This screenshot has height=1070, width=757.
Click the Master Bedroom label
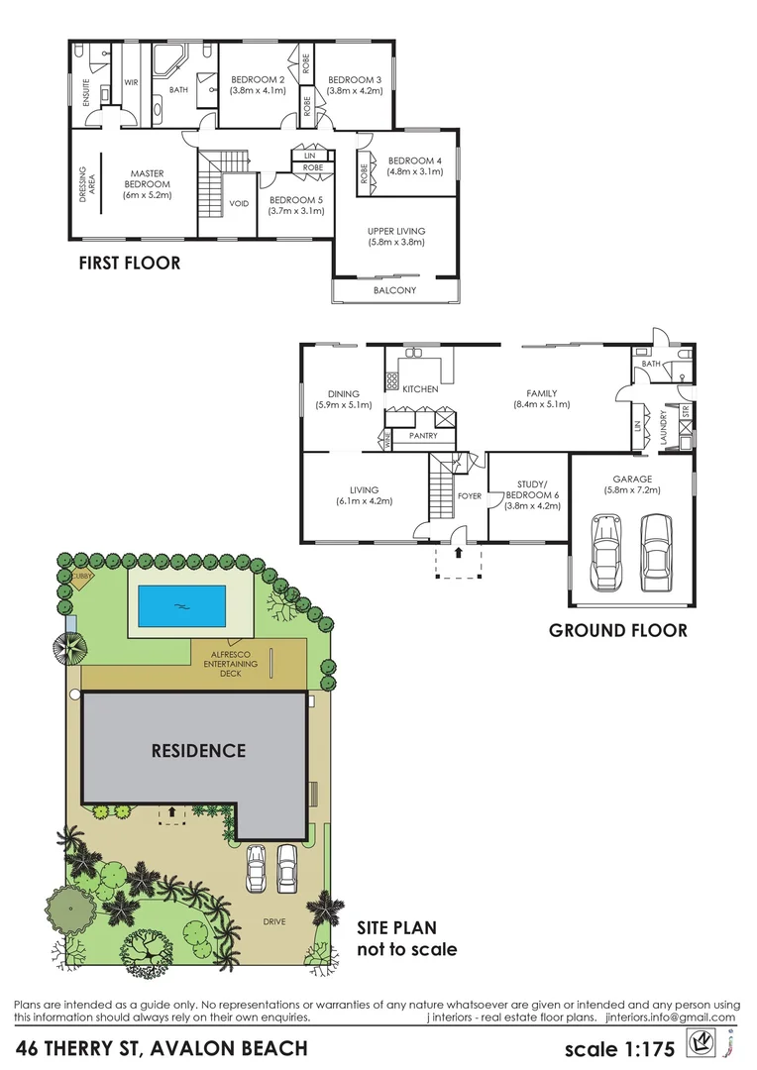click(147, 178)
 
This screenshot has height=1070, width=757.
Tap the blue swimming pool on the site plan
click(181, 605)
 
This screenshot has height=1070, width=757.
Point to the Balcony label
click(394, 290)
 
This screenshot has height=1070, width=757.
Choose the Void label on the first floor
click(239, 204)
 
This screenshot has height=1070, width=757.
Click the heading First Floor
click(129, 263)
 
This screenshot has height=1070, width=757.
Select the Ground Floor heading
click(617, 630)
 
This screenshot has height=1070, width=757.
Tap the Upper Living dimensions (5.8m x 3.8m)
click(395, 242)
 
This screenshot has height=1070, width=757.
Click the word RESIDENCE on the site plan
click(198, 750)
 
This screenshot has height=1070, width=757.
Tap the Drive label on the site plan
click(274, 921)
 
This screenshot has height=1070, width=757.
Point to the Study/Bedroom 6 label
click(532, 494)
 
